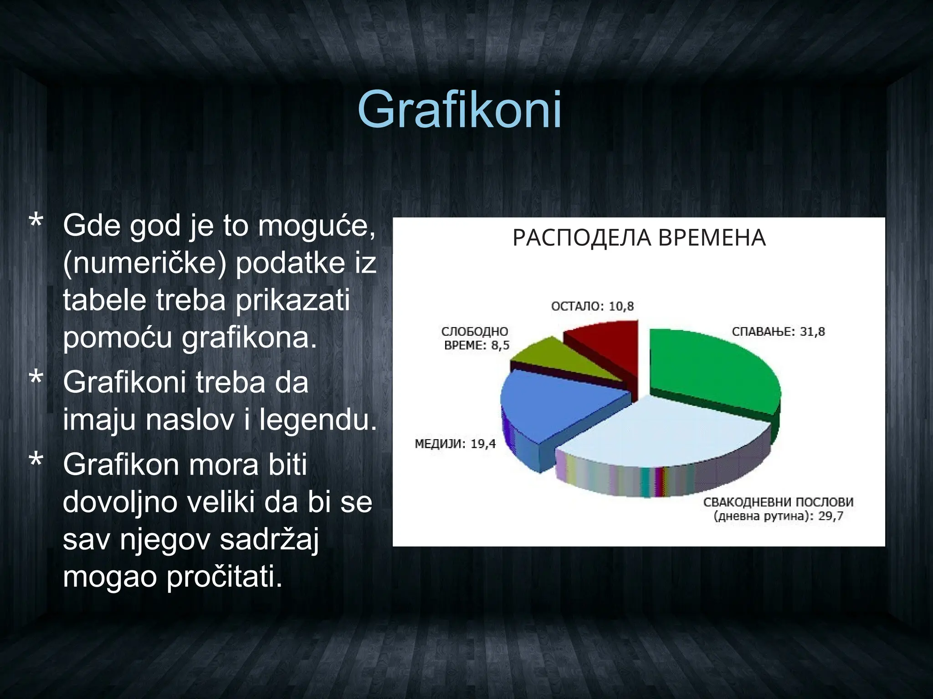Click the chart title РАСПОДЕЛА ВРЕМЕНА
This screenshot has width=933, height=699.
[x=639, y=238]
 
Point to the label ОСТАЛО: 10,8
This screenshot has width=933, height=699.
[x=592, y=306]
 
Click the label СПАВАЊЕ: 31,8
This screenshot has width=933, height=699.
[x=778, y=332]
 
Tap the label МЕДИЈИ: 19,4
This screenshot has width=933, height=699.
[x=455, y=444]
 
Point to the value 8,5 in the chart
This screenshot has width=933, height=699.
[x=499, y=345]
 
